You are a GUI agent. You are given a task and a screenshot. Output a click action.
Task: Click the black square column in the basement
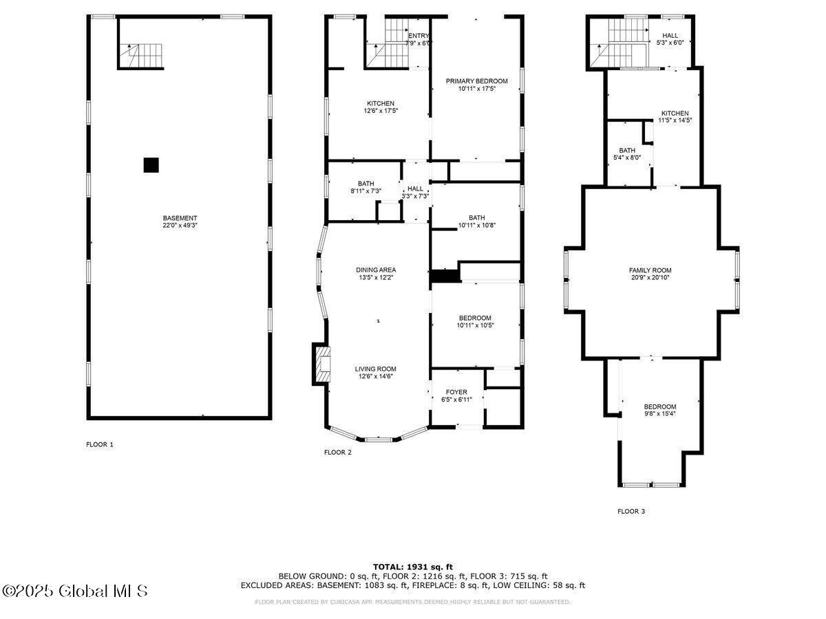pyautogui.click(x=151, y=165)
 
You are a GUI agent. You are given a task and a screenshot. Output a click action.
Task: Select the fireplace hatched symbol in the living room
pyautogui.click(x=323, y=365)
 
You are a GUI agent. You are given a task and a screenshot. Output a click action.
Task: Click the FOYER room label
pyautogui.click(x=456, y=392)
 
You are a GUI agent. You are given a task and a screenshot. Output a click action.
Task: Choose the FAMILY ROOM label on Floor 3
pyautogui.click(x=650, y=270)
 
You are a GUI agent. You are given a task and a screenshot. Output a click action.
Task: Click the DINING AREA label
pyautogui.click(x=376, y=270)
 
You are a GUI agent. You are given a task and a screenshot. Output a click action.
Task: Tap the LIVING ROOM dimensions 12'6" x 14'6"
pyautogui.click(x=376, y=376)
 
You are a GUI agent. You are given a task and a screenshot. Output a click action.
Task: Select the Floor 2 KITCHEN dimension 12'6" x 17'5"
pyautogui.click(x=381, y=111)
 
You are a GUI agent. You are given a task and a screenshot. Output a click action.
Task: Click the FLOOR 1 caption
pyautogui.click(x=100, y=444)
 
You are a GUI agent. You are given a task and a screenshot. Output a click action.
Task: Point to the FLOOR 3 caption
pyautogui.click(x=631, y=511)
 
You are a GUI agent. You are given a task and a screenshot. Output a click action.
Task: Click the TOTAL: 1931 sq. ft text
pyautogui.click(x=413, y=567)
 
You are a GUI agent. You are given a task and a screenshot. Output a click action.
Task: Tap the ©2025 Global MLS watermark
pyautogui.click(x=74, y=591)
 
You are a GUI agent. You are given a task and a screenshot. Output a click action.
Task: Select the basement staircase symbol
pyautogui.click(x=141, y=56)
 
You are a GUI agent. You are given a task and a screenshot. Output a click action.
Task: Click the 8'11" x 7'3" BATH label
pyautogui.click(x=366, y=187)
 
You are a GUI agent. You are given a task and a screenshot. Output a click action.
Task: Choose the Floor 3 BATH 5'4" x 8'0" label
pyautogui.click(x=627, y=154)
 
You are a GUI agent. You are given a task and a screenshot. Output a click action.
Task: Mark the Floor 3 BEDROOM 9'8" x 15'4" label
pyautogui.click(x=660, y=410)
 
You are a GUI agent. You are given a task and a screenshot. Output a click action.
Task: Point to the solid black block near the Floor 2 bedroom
pyautogui.click(x=445, y=276)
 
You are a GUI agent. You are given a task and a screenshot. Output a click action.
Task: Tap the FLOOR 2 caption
pyautogui.click(x=338, y=452)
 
